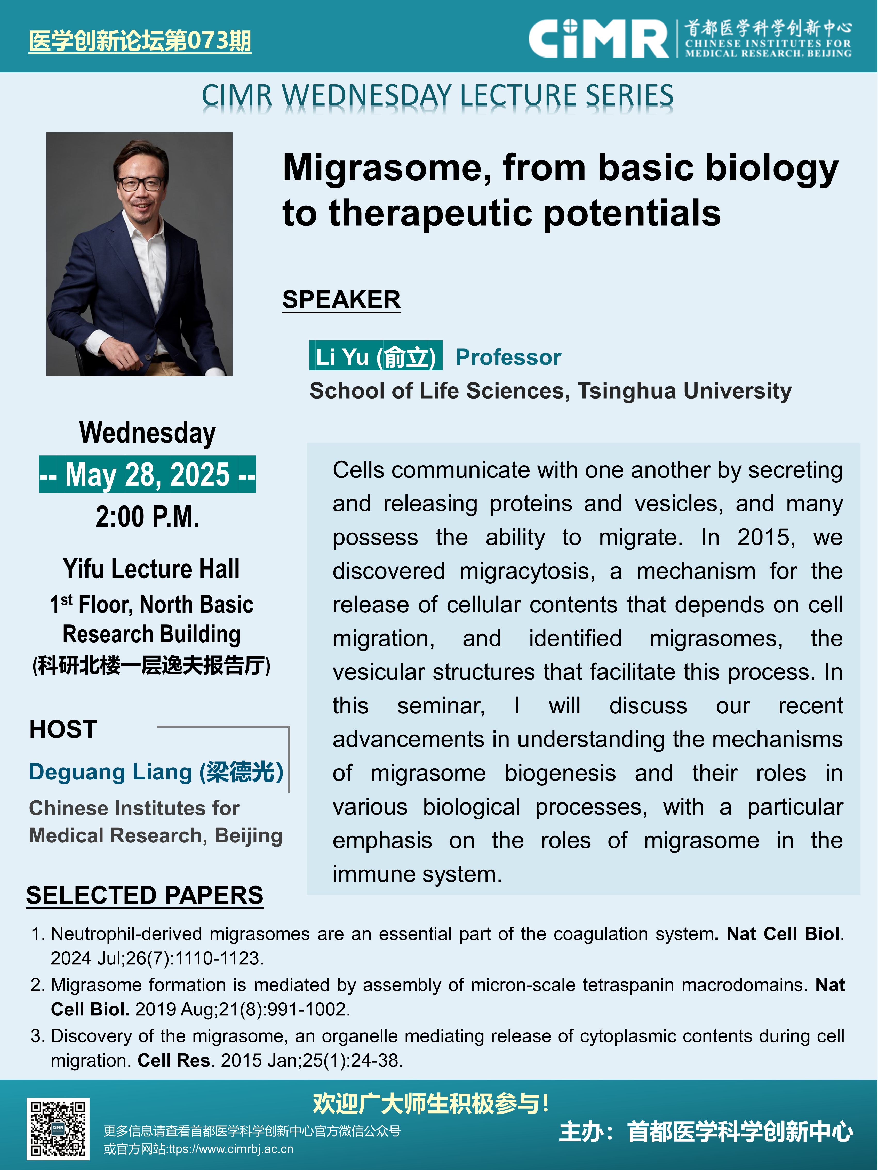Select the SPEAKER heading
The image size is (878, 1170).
click(341, 300)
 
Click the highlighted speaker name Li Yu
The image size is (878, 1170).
click(376, 356)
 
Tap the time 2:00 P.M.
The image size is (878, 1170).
click(148, 517)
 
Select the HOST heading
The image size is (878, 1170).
click(63, 729)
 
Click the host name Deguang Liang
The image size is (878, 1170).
click(156, 772)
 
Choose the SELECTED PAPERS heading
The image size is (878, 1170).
click(145, 895)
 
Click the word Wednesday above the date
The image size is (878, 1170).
click(148, 433)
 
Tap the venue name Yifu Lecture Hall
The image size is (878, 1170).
click(151, 569)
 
